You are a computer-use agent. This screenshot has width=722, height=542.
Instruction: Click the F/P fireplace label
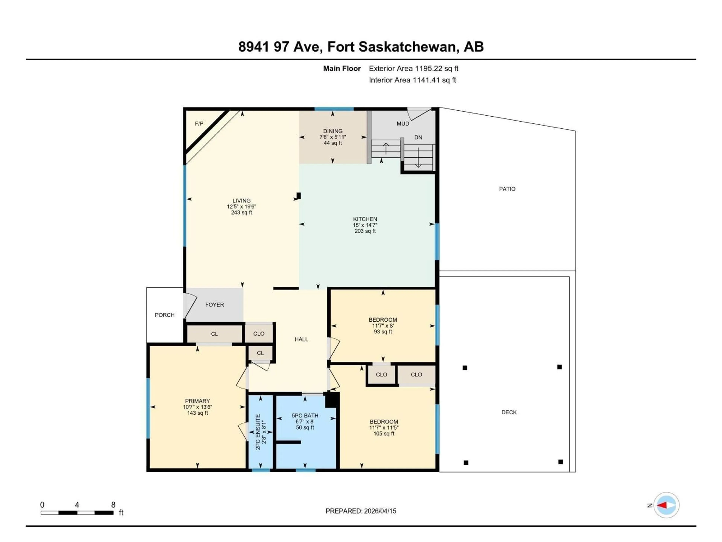click(199, 123)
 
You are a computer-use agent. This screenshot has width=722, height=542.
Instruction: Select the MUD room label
click(403, 123)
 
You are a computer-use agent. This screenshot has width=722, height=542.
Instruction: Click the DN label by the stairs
click(418, 138)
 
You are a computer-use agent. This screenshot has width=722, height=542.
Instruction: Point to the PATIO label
click(507, 189)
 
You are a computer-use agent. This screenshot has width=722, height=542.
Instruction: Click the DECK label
click(509, 412)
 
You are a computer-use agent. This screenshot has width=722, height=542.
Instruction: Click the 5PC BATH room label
click(305, 416)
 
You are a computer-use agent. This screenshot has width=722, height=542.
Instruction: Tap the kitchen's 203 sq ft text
click(365, 231)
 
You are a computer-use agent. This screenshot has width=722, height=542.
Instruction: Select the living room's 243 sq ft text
click(242, 212)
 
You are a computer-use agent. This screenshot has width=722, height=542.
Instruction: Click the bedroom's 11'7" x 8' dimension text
click(383, 326)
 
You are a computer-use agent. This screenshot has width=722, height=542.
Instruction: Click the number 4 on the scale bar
click(77, 505)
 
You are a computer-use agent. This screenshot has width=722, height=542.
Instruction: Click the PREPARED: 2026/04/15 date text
click(361, 511)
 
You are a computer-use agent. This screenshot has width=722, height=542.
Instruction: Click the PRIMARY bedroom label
click(197, 401)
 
